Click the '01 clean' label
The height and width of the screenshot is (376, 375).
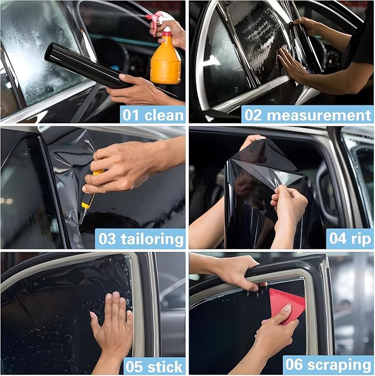(152, 115)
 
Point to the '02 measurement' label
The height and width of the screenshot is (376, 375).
(307, 115)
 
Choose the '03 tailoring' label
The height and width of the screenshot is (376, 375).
(140, 239)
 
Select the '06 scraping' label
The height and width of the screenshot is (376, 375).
(328, 365)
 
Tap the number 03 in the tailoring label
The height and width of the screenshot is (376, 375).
(107, 239)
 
